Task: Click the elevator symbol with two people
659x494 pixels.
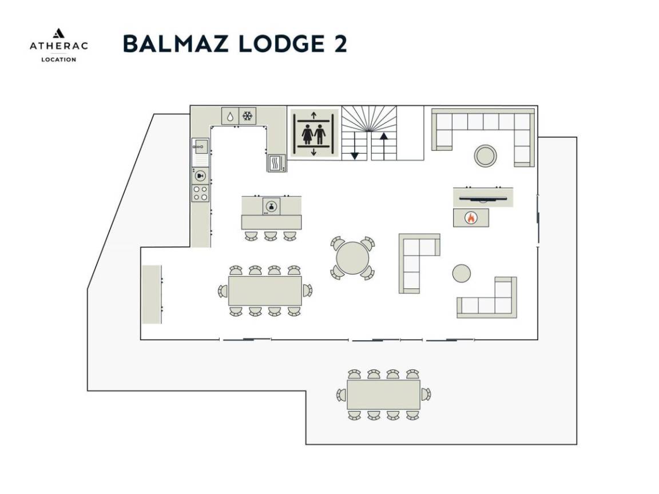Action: coord(313,134)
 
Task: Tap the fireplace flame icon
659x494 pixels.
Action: coord(470,217)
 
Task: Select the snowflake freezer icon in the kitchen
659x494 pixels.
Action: coord(248,116)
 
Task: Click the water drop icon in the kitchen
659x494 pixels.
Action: coord(229,116)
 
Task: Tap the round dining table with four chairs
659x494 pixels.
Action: coord(352,258)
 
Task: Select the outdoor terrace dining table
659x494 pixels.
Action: coord(383,394)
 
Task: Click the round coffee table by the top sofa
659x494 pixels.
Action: coord(485,154)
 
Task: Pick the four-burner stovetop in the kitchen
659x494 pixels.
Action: coord(200,192)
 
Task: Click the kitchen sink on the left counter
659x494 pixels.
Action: coord(200,146)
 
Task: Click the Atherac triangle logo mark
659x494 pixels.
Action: coord(58,34)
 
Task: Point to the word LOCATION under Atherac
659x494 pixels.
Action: coord(58,59)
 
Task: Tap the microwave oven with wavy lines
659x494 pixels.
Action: coord(276,164)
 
